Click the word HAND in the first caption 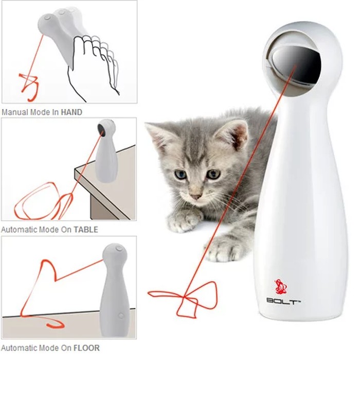click(71, 112)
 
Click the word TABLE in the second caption click(86, 229)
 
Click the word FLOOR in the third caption click(86, 348)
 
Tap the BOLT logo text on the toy click(283, 301)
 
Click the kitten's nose click(196, 197)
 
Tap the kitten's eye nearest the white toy click(213, 174)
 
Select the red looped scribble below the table click(44, 202)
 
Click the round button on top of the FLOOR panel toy click(119, 248)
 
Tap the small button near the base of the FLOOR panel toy click(121, 316)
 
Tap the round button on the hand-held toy click(47, 18)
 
